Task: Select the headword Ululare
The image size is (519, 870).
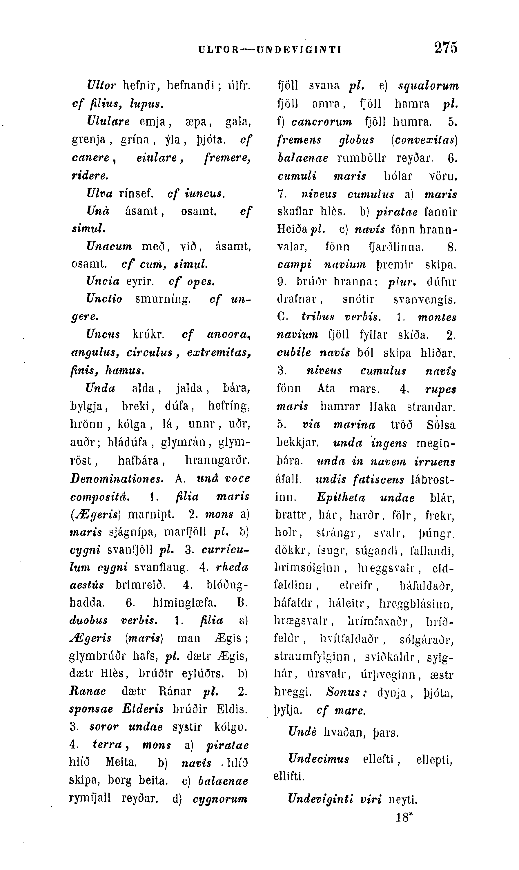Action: click(108, 122)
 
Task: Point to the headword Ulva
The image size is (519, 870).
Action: click(100, 193)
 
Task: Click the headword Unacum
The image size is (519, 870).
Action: click(109, 246)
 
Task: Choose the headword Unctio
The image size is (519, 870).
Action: click(104, 299)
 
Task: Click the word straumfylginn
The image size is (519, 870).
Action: click(312, 656)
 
